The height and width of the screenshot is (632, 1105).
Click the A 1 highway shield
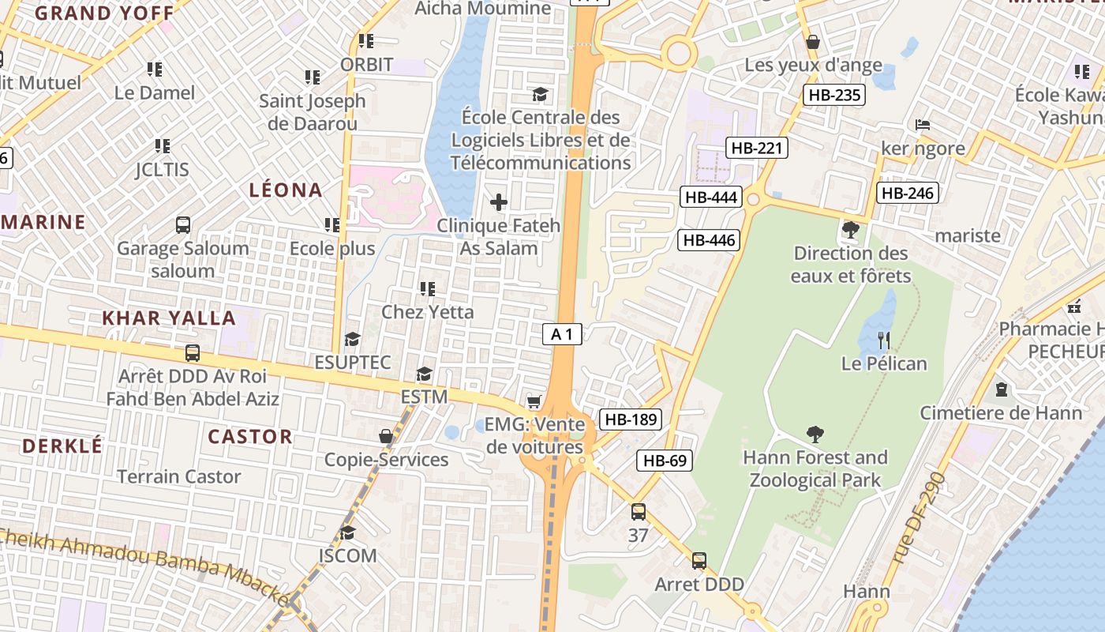click(562, 334)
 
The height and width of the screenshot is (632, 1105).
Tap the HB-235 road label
click(834, 96)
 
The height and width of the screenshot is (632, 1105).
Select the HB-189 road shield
click(630, 419)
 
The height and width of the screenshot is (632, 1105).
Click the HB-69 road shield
click(665, 461)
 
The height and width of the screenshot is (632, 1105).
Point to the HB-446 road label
click(709, 240)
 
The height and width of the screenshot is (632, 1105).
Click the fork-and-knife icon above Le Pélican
click(884, 340)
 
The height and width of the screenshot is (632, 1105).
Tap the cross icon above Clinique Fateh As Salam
click(499, 202)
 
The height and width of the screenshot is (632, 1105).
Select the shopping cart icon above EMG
click(534, 402)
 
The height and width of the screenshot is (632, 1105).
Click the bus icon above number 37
click(639, 512)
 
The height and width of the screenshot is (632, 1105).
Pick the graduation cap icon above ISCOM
click(347, 532)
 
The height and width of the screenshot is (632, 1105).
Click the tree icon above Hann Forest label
click(815, 434)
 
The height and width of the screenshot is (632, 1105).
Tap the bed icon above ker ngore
click(922, 125)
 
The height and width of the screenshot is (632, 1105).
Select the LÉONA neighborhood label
click(286, 190)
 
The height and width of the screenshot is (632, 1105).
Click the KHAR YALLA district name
click(169, 318)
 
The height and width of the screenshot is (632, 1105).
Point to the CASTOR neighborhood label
click(249, 436)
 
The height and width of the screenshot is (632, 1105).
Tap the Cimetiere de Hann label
click(1001, 412)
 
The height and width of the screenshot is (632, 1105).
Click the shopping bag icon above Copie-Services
click(386, 436)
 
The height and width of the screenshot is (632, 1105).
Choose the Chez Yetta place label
click(428, 312)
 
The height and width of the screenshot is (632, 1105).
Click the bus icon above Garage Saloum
click(183, 225)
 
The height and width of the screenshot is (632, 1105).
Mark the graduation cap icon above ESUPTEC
click(352, 339)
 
